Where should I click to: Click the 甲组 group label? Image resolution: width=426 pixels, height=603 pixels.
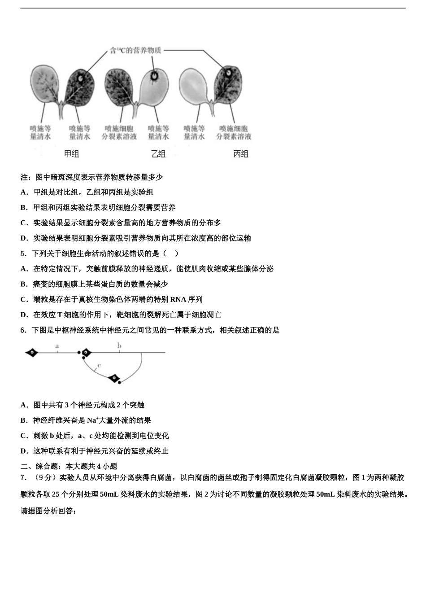coord(71,154)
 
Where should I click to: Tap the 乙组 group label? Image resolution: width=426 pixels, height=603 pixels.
coord(158,154)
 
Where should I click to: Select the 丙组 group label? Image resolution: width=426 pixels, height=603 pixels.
coord(241,154)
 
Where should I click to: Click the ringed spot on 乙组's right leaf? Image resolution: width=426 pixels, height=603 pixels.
coord(154,76)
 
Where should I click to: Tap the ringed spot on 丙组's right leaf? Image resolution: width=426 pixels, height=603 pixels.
coord(229,72)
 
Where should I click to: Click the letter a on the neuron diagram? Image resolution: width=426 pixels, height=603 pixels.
coord(57,346)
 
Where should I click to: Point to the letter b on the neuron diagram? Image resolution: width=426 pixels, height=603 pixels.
coord(119,345)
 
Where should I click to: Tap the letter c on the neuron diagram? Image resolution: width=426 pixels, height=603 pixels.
coord(99,365)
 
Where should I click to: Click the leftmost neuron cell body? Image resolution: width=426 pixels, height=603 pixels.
coord(32,353)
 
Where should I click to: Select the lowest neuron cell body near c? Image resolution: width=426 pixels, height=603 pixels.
coord(114,378)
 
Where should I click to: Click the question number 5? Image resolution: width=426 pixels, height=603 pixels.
coord(23,253)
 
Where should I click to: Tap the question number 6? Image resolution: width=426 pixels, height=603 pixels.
coord(23,330)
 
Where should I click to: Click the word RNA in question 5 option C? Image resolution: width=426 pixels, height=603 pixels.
coord(178,300)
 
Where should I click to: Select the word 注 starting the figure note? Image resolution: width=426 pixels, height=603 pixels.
coord(24,177)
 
